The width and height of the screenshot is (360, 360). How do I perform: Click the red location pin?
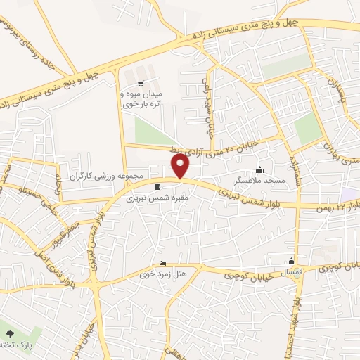point(181,166)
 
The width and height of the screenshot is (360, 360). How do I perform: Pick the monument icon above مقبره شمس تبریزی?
point(156,186)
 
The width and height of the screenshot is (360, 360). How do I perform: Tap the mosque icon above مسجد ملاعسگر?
point(261,169)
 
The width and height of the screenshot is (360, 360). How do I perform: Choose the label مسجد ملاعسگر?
point(262,181)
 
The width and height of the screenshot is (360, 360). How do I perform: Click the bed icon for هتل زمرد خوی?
point(163,264)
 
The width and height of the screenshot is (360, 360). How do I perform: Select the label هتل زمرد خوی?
point(163,275)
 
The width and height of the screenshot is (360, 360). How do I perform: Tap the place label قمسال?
point(291,271)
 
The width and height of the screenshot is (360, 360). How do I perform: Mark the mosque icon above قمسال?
point(291,260)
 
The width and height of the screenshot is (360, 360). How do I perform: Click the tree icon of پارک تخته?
point(8,333)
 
